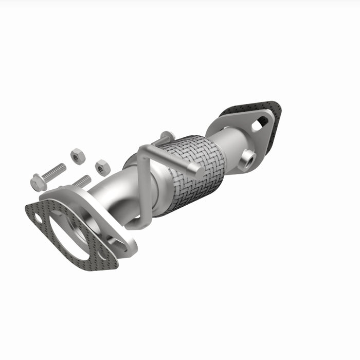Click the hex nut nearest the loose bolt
click(x=78, y=155)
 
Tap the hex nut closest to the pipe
click(x=102, y=167)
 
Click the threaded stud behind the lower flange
click(x=81, y=181)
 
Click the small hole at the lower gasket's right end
click(x=102, y=255)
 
